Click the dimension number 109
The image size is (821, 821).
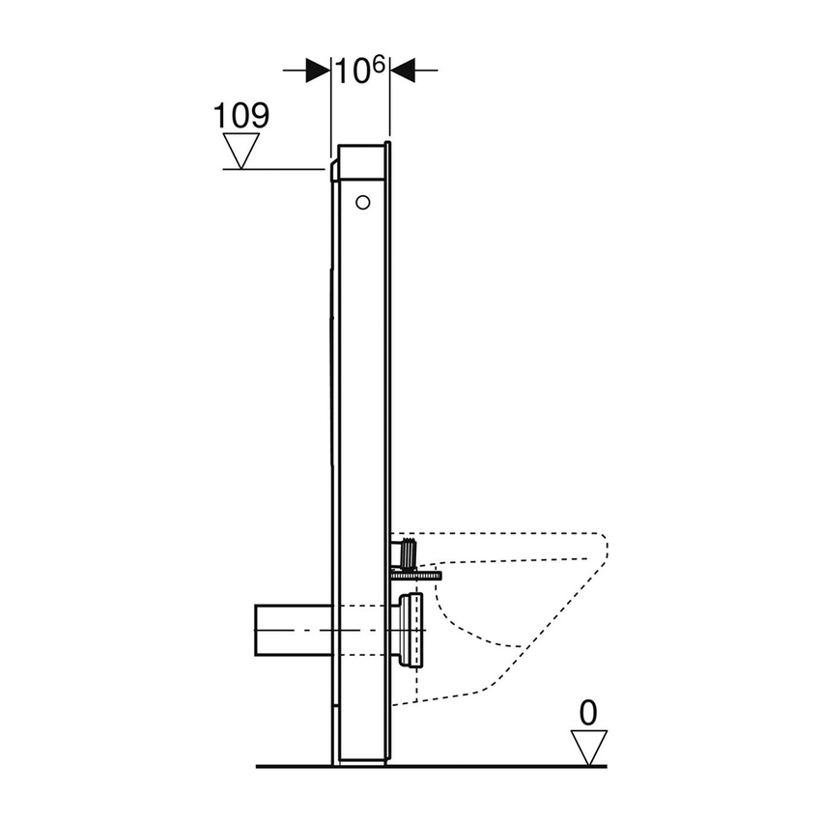241,115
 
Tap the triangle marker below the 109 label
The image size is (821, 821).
241,149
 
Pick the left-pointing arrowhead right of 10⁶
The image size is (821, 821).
402,70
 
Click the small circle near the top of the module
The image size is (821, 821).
362,202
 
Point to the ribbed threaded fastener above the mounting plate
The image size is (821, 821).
408,554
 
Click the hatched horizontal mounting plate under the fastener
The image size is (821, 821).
415,575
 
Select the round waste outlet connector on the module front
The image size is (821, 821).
410,630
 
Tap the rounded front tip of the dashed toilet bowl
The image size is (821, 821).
604,551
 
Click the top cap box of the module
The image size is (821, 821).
362,161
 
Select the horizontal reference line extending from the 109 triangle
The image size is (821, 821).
275,169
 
